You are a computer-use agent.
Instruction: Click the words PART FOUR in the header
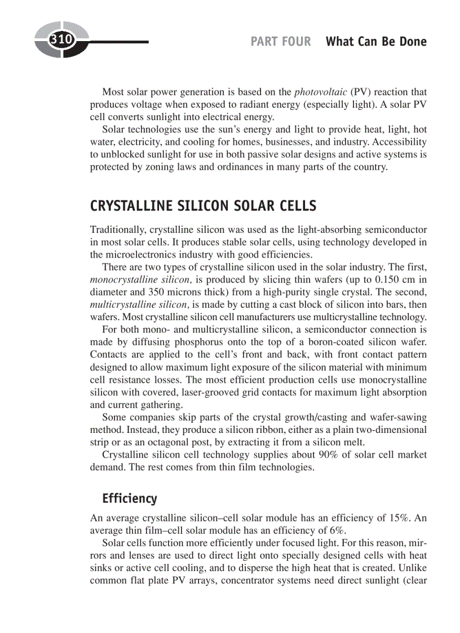click(x=280, y=42)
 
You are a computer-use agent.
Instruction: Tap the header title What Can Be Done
click(x=376, y=42)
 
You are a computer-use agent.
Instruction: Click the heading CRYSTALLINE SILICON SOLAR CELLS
click(x=203, y=206)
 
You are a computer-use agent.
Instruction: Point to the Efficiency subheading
click(x=130, y=499)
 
